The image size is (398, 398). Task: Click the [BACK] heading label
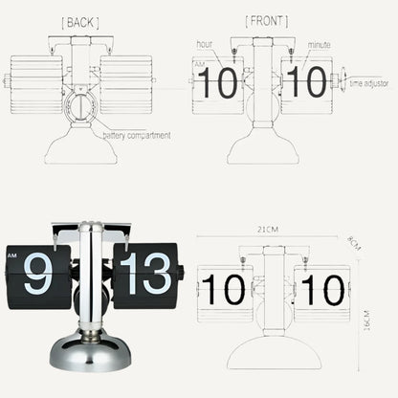click(x=78, y=21)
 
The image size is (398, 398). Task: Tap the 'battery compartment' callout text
click(x=144, y=135)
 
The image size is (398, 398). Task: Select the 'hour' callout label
click(x=205, y=45)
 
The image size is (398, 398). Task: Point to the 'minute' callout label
click(x=319, y=45)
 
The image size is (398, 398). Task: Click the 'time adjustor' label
click(x=368, y=84)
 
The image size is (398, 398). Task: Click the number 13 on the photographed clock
click(x=144, y=274)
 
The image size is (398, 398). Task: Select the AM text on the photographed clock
click(x=12, y=255)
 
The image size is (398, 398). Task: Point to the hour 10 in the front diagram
click(x=219, y=83)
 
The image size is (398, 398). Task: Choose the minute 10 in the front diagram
click(x=306, y=83)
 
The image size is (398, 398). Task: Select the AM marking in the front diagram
click(x=199, y=65)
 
